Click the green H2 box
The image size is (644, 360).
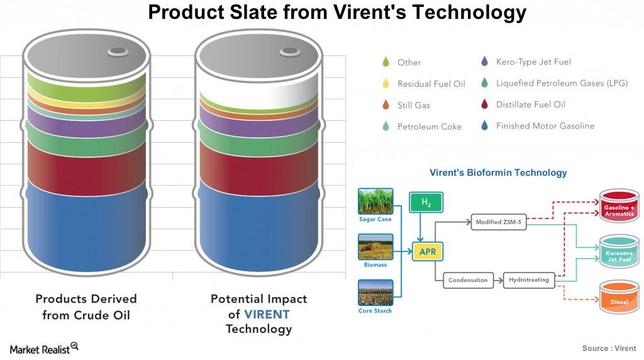pyautogui.click(x=426, y=202)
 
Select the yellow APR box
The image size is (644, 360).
pyautogui.click(x=428, y=252)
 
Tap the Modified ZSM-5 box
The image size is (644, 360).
pyautogui.click(x=499, y=222)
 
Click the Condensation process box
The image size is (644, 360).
pyautogui.click(x=468, y=280)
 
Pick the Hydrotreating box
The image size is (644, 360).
pyautogui.click(x=529, y=280)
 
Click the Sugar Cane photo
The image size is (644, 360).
pyautogui.click(x=375, y=201)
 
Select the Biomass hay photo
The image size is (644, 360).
pyautogui.click(x=375, y=247)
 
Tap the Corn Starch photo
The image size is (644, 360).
pyautogui.click(x=375, y=293)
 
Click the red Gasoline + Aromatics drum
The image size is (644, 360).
pyautogui.click(x=619, y=205)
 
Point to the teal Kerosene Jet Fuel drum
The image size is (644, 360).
pyautogui.click(x=619, y=251)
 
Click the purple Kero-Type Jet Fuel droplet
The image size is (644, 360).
pyautogui.click(x=485, y=62)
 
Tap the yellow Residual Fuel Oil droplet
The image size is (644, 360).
pyautogui.click(x=386, y=84)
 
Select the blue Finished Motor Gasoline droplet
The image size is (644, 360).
pyautogui.click(x=485, y=126)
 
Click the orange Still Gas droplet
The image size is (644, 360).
pyautogui.click(x=386, y=105)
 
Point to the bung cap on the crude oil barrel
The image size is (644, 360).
pyautogui.click(x=118, y=52)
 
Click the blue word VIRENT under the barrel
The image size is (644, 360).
pyautogui.click(x=267, y=315)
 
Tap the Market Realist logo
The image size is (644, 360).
pyautogui.click(x=44, y=349)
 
